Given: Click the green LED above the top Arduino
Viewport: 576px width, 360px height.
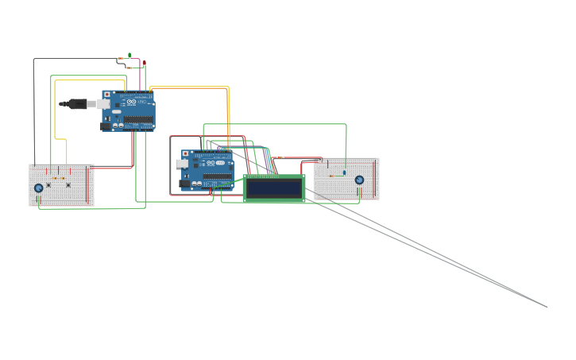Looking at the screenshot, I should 130,56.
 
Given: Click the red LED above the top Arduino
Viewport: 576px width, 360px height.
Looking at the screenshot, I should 144,62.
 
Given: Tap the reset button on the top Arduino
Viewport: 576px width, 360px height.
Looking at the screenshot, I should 106,95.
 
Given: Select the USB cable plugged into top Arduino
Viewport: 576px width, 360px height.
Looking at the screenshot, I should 79,103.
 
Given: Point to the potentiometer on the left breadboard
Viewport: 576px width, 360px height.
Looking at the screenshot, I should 38,188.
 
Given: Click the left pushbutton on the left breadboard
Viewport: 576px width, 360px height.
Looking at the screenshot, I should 49,185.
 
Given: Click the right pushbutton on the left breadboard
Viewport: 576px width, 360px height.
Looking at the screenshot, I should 68,185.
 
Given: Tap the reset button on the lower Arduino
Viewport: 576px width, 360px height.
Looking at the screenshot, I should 186,153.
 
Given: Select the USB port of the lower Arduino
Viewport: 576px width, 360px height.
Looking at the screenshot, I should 182,163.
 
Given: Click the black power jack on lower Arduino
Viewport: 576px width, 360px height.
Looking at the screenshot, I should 184,184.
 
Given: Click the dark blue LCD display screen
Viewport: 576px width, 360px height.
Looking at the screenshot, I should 274,188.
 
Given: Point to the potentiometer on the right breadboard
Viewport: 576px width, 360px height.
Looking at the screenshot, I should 359,180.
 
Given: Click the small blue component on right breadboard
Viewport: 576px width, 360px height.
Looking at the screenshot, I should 344,172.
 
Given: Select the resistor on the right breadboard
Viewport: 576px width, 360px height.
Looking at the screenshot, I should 333,176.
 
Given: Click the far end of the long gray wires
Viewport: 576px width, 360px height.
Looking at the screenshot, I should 547,306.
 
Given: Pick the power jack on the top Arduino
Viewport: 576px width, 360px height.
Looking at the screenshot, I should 106,124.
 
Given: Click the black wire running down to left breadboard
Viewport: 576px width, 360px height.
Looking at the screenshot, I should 34,119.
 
